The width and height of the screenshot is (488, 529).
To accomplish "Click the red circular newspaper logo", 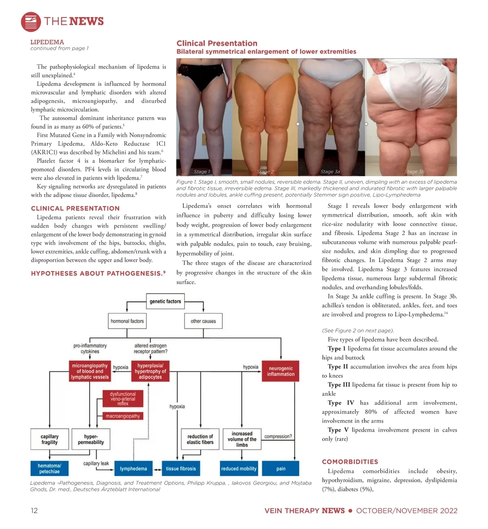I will (x=31, y=22).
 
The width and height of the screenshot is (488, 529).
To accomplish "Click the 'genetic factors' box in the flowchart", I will (x=165, y=302).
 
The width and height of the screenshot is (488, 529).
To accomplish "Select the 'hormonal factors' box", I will (x=127, y=321).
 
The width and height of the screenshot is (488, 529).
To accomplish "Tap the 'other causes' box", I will (x=203, y=321).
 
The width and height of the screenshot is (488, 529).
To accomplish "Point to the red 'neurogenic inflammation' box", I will (x=281, y=371).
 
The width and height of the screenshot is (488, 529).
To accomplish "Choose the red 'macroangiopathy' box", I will (x=123, y=416).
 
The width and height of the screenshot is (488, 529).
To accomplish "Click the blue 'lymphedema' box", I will (x=133, y=469).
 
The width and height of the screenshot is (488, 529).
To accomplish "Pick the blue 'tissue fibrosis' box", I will (x=181, y=469).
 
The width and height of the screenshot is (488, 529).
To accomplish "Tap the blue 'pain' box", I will (x=281, y=469).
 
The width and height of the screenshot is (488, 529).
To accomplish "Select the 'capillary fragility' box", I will (x=49, y=439).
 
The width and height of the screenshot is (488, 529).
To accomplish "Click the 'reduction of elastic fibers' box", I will (x=200, y=439).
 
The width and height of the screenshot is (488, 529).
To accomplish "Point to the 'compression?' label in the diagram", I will (x=278, y=437).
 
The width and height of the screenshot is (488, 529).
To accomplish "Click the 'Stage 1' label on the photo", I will (x=202, y=172).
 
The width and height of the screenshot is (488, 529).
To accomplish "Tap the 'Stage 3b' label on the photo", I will (x=414, y=172).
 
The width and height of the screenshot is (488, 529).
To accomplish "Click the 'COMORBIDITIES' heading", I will (x=350, y=462).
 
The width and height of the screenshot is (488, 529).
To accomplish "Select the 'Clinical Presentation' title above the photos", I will (x=217, y=43).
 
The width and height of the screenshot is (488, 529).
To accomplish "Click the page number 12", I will (x=34, y=511).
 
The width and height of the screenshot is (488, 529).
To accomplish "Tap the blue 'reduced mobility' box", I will (x=239, y=469).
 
